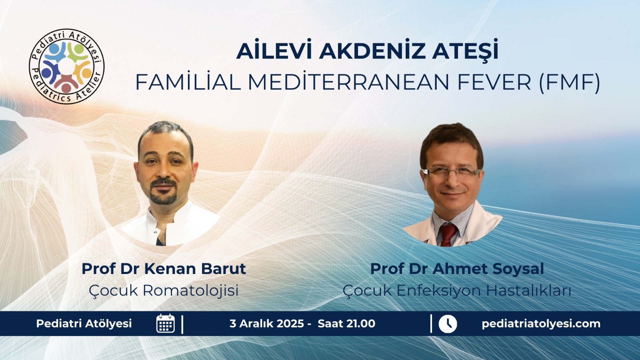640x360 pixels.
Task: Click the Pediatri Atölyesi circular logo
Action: [x=67, y=66]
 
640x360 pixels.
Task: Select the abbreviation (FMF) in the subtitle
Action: [x=570, y=82]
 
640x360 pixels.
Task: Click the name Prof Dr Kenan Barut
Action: [x=164, y=268]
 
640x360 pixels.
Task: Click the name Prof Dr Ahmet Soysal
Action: [x=457, y=268]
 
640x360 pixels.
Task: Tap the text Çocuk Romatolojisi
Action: [x=164, y=290]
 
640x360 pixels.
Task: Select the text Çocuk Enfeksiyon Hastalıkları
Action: [x=457, y=290]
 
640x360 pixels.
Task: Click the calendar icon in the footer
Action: [x=166, y=324]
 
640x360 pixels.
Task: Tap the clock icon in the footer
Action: [x=448, y=324]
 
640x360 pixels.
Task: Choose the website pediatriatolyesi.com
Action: [x=541, y=324]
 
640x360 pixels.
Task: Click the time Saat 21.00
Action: [x=346, y=324]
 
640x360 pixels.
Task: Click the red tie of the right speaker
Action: [x=447, y=234]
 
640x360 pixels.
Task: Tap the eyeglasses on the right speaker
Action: [x=451, y=172]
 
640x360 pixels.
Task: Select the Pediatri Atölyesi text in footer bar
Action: [x=84, y=324]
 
